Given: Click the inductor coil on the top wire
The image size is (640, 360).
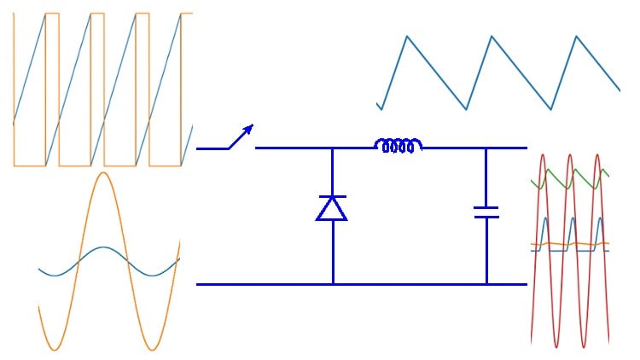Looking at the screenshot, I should point(399,146).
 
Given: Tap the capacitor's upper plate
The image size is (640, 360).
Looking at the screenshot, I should point(486,207).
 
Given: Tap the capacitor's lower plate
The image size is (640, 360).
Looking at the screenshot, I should point(486,217).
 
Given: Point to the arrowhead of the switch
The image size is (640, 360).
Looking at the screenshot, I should point(249,128).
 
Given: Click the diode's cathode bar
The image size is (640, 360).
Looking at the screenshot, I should point(332,197).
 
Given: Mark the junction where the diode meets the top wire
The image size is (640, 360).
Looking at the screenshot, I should point(333,148).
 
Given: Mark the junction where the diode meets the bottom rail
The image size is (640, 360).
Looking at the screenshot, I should point(333,284).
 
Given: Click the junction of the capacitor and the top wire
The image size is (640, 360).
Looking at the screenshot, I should point(486,148).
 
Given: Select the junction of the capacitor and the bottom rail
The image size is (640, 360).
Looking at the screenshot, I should point(486,284).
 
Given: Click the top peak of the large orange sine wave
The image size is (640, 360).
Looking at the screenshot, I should point(103,173).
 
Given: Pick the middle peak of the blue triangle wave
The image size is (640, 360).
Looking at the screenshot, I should point(492,36).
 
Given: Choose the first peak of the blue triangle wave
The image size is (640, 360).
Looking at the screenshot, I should point(407,36).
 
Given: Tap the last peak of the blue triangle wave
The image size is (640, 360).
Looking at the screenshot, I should point(576,36).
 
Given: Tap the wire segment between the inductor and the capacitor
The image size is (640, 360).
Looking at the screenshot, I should point(454,148).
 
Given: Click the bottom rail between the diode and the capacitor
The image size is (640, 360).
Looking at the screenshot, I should point(410,284).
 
